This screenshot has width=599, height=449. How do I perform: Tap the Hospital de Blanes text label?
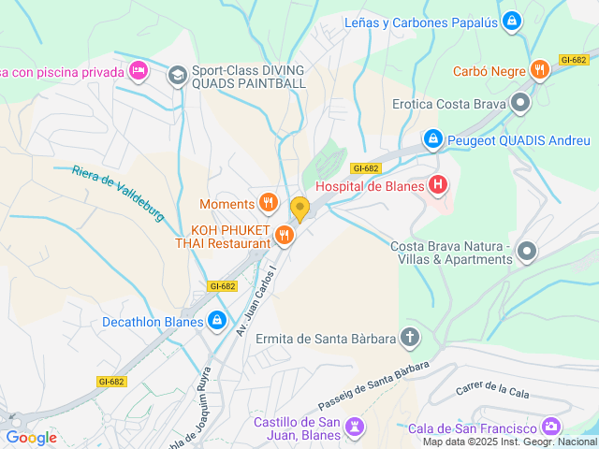click(371, 185)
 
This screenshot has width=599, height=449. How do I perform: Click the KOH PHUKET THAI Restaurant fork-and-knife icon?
click(285, 237)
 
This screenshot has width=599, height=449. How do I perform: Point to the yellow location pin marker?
click(299, 209)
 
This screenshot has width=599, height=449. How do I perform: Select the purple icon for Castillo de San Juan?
click(354, 427)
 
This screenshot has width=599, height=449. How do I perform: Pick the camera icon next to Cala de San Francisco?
click(552, 427)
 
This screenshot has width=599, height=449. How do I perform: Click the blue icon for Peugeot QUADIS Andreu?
click(432, 140)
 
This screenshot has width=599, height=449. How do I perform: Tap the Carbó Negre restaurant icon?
click(539, 70)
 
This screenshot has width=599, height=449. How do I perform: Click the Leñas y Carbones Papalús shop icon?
click(511, 22)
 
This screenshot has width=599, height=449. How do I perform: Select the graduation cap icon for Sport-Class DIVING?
click(178, 75)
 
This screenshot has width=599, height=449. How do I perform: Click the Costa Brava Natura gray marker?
click(527, 252)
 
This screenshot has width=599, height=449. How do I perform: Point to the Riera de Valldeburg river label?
click(118, 193)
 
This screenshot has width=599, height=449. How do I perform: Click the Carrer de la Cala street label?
click(492, 389)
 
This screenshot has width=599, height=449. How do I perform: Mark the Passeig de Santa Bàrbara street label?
click(373, 385)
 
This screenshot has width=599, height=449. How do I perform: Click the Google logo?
click(31, 437)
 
